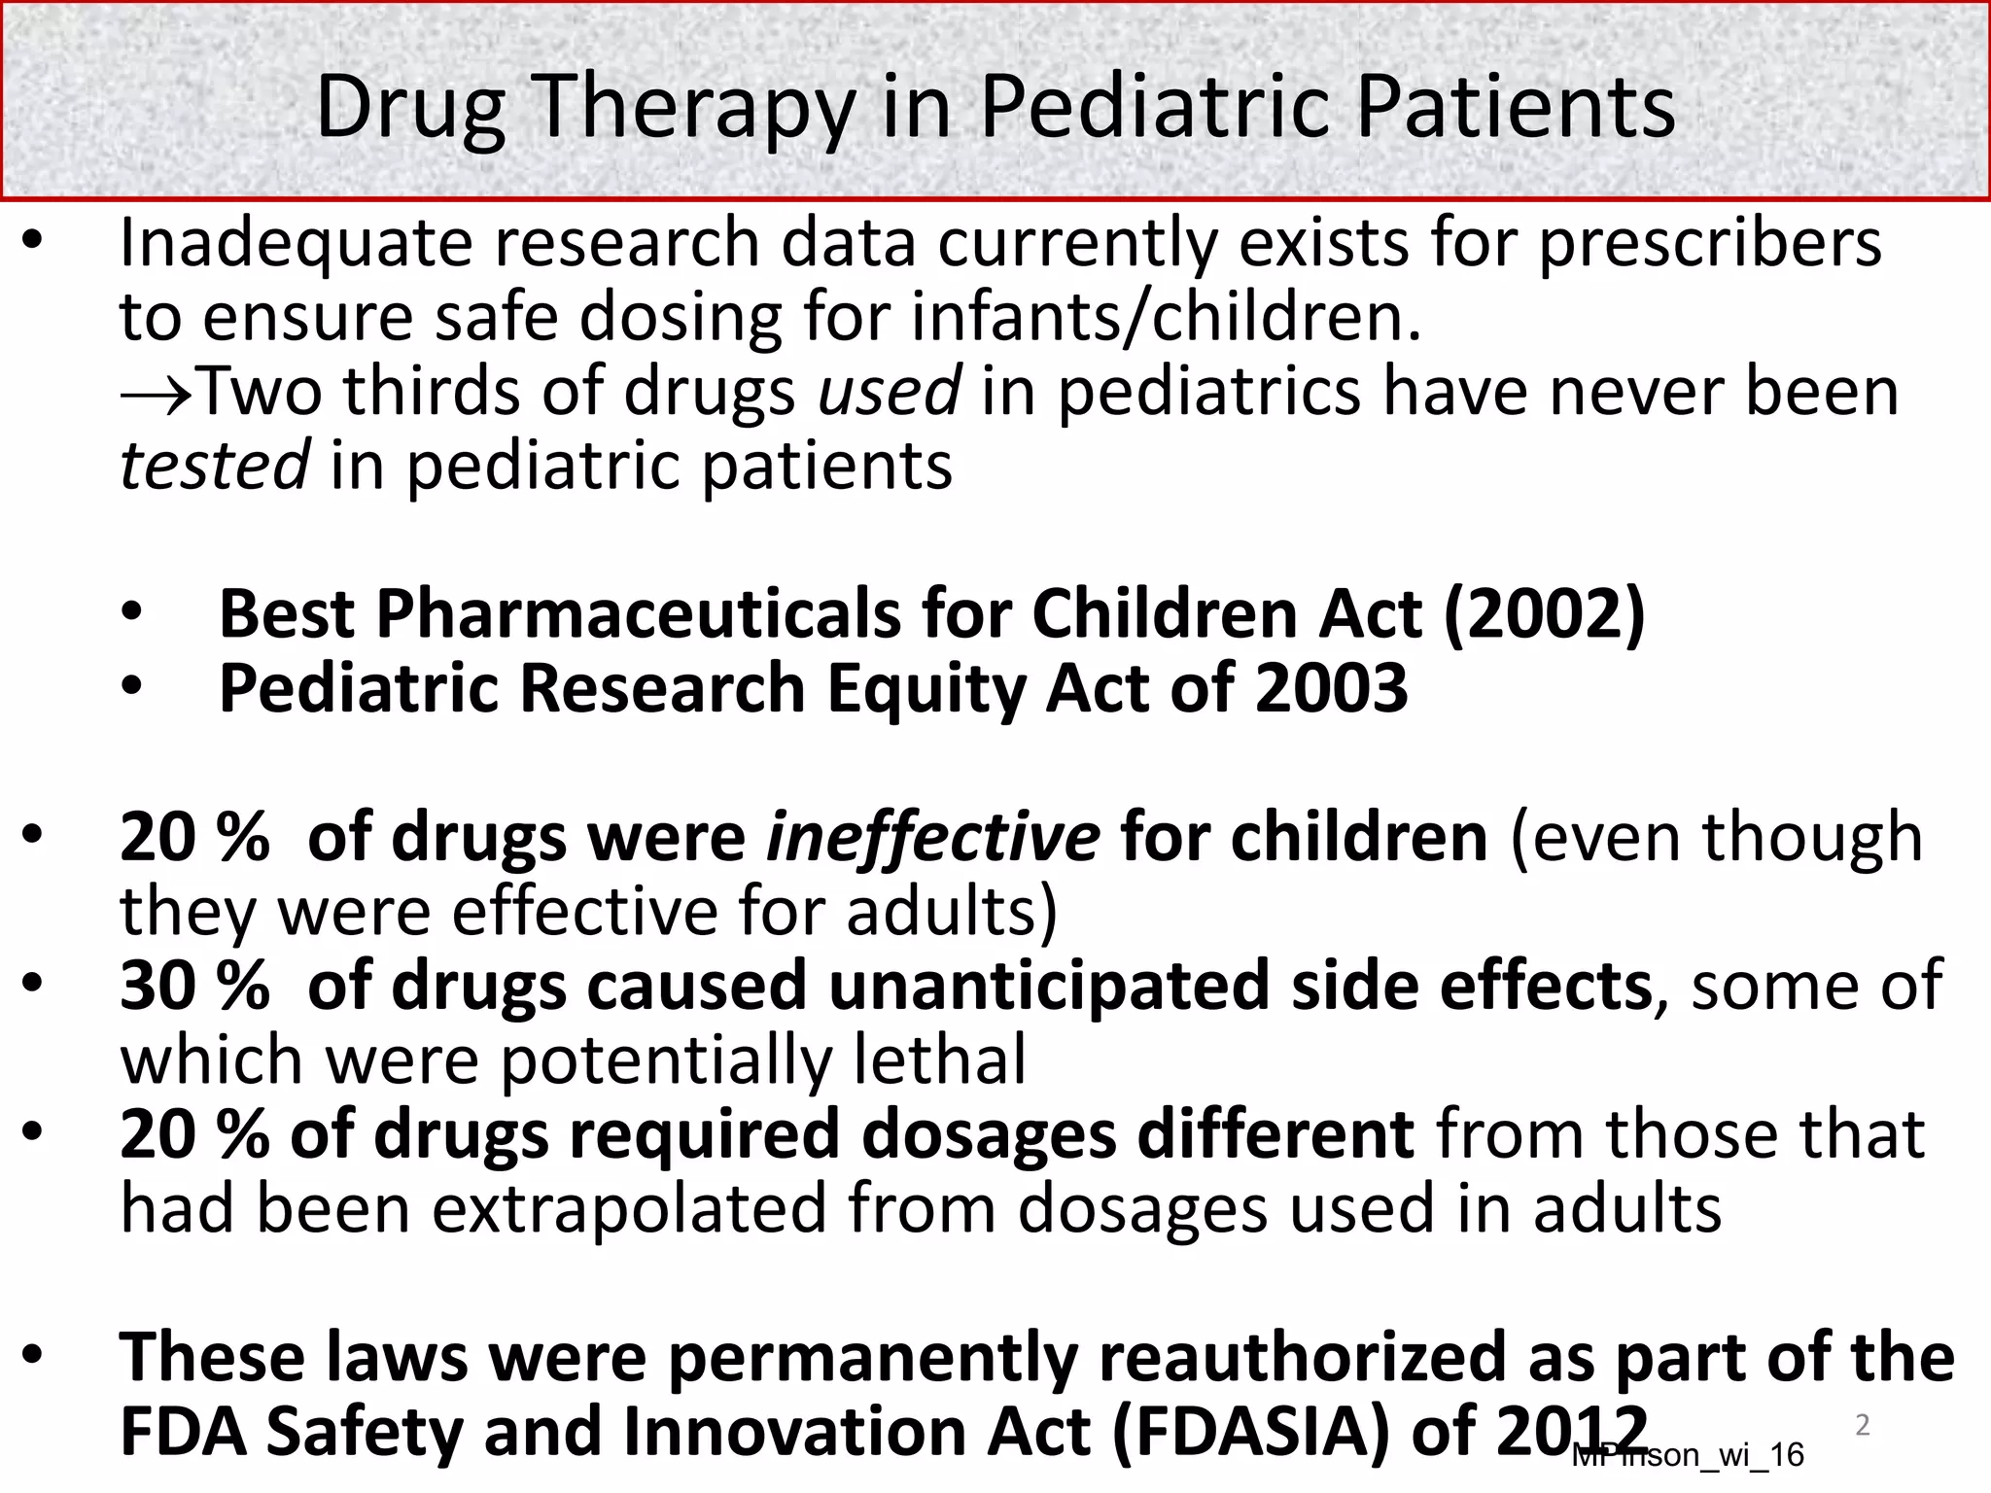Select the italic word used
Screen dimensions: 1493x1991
point(890,392)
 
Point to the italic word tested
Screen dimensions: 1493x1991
point(214,466)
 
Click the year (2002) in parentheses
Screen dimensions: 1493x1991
point(1545,614)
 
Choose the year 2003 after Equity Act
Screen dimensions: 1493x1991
point(1331,688)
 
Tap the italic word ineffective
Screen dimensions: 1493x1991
point(933,837)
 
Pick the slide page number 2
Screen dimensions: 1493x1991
point(1862,1425)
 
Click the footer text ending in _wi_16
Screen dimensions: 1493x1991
point(1689,1455)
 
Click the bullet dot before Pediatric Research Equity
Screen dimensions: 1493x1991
point(131,688)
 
